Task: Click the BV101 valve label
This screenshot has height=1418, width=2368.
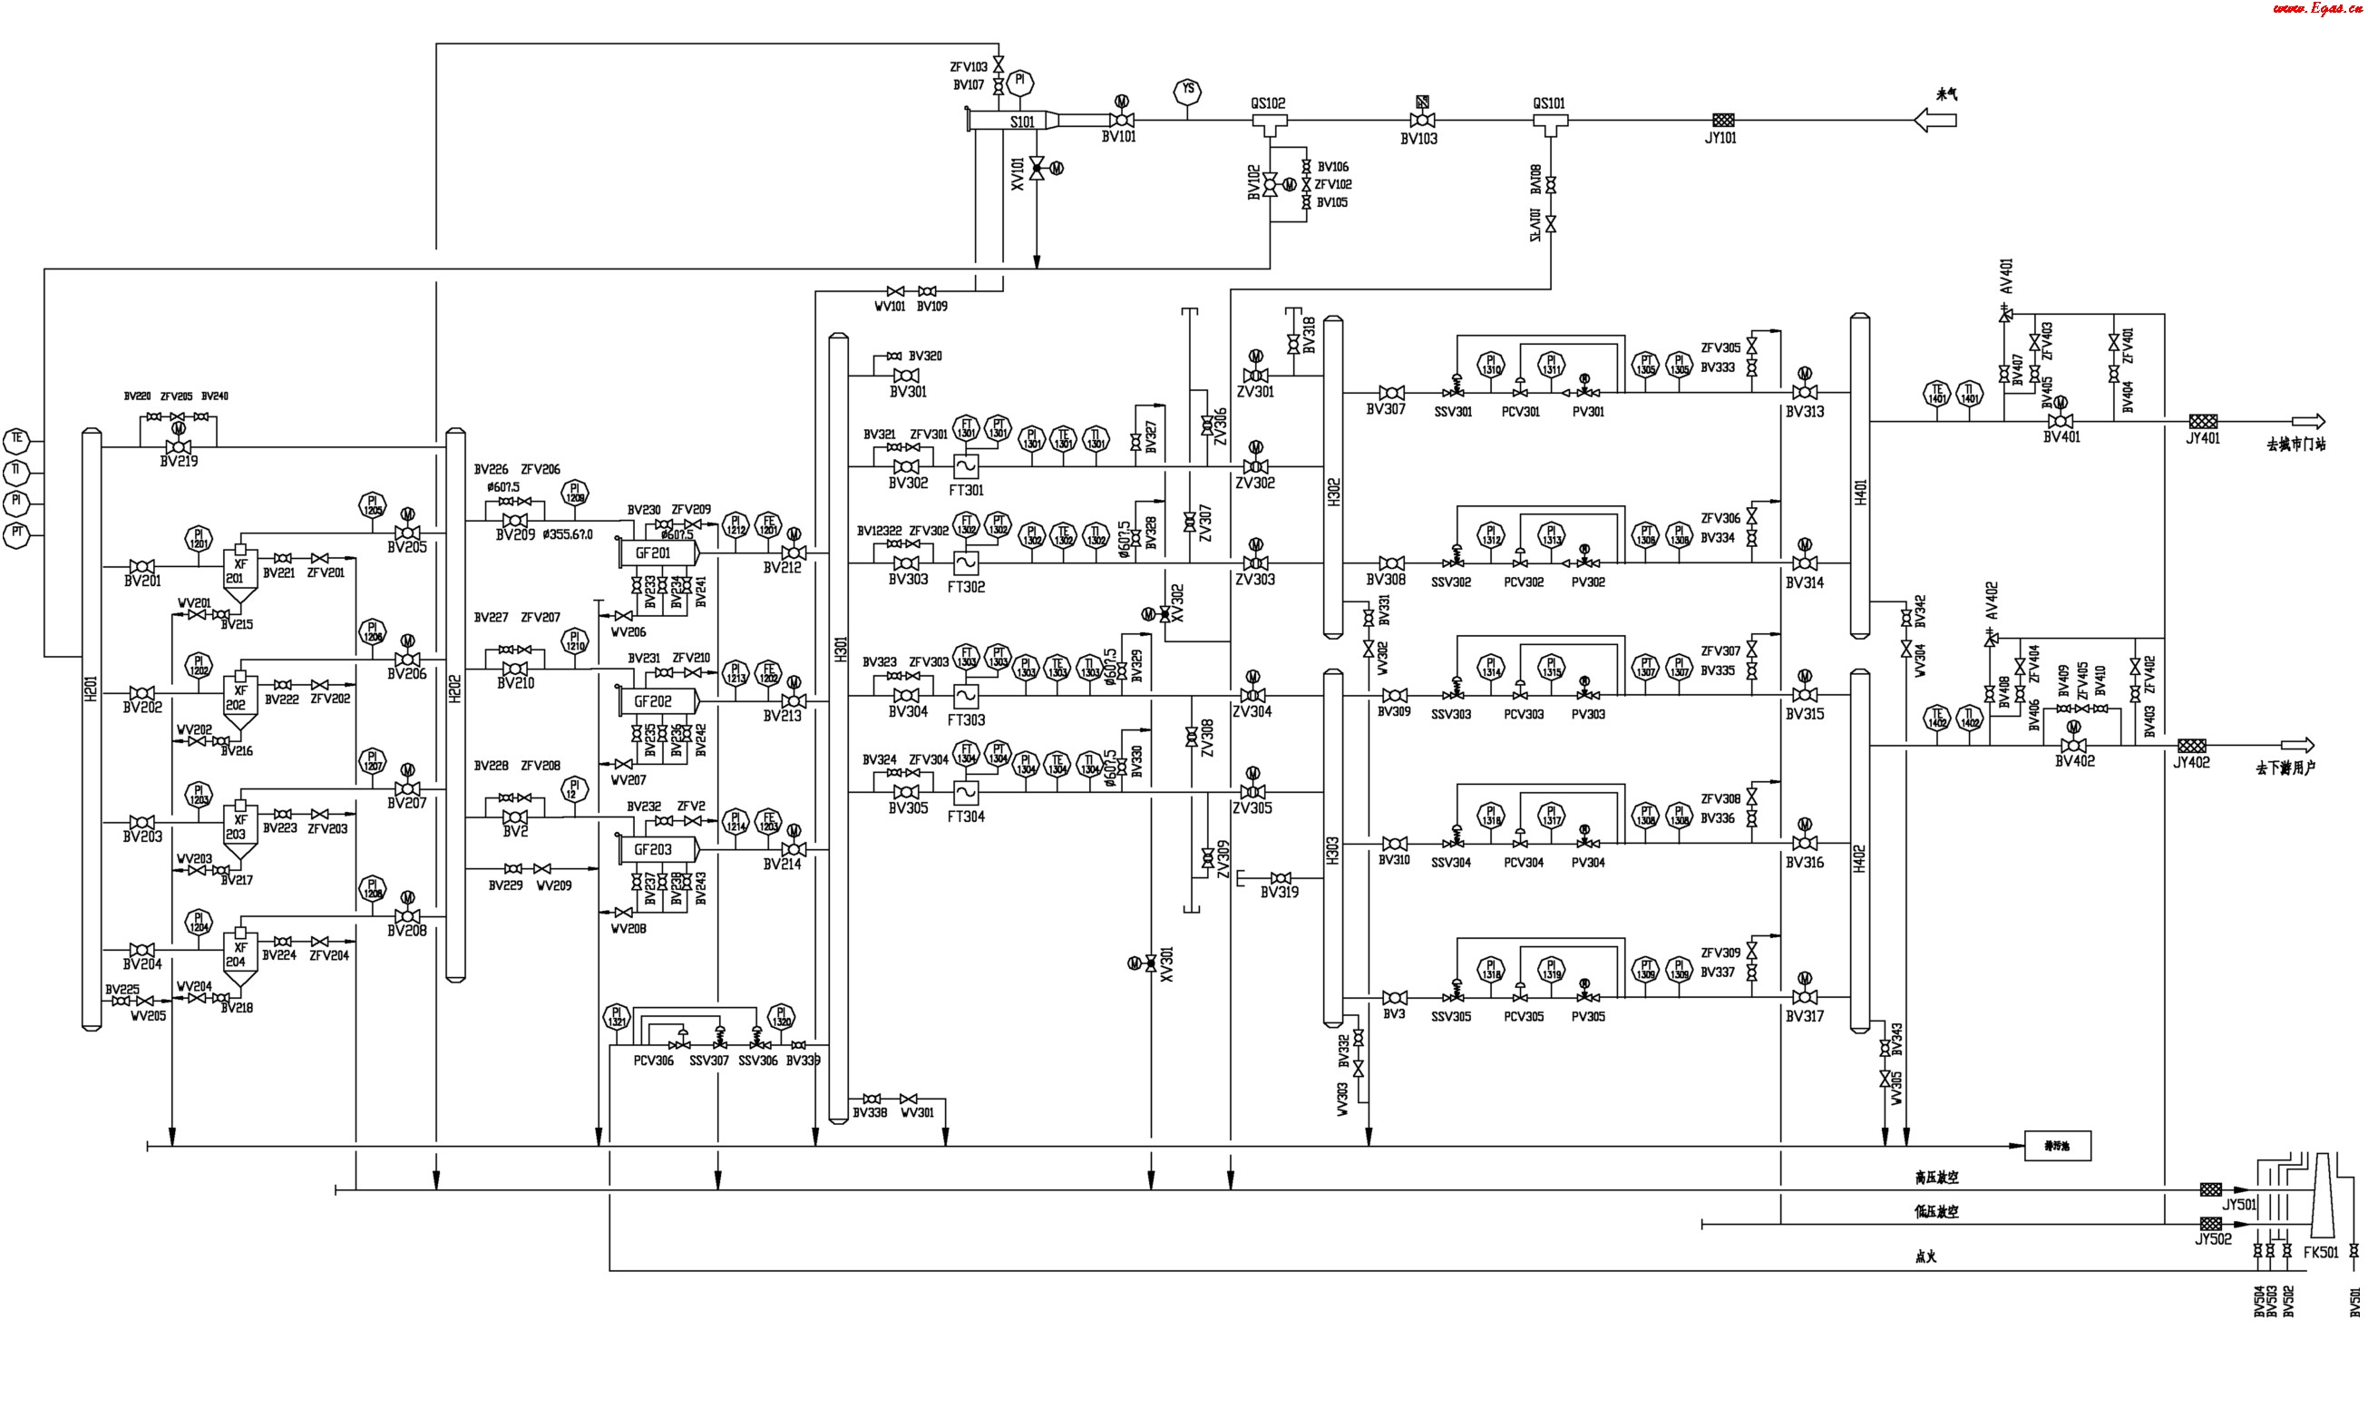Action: click(1118, 138)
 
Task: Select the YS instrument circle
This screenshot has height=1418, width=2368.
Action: click(1187, 92)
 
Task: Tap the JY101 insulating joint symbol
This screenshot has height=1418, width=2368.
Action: click(1722, 121)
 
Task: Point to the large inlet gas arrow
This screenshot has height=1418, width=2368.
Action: click(1934, 121)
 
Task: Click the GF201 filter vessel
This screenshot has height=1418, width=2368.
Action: click(656, 553)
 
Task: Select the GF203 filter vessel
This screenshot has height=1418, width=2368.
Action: click(656, 849)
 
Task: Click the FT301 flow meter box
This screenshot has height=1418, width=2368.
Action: click(966, 466)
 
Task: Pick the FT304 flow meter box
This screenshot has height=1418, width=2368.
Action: click(966, 792)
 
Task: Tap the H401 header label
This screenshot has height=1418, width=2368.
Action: click(1859, 492)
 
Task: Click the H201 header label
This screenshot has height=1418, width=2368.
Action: click(92, 688)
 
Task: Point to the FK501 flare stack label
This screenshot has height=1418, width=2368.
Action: click(2320, 1253)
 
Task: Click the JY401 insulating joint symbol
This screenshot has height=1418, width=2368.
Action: click(2203, 421)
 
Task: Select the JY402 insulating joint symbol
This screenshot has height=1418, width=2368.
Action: click(2191, 746)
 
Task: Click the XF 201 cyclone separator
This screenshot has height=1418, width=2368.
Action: click(239, 573)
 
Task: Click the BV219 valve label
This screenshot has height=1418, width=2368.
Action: click(179, 462)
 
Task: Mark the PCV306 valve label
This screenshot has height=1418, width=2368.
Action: click(653, 1061)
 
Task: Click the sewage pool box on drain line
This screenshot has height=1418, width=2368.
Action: click(2058, 1146)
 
